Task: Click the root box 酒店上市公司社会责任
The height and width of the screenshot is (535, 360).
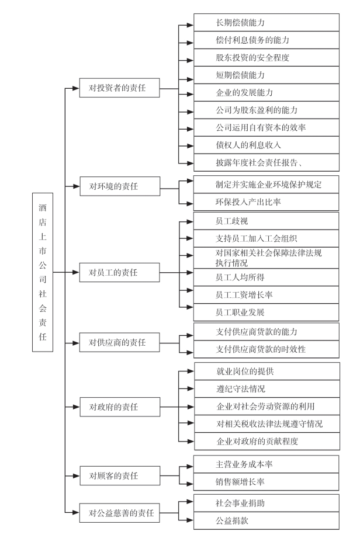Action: click(x=43, y=272)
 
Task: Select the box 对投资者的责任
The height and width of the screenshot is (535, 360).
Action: click(x=120, y=88)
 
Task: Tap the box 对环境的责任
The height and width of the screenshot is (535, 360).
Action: click(x=120, y=186)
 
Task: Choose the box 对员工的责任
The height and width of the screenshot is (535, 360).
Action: click(x=120, y=272)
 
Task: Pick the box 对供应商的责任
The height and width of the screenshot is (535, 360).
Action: click(x=120, y=342)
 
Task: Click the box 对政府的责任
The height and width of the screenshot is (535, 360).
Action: click(x=120, y=407)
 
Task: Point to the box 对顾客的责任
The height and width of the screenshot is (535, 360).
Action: click(x=120, y=475)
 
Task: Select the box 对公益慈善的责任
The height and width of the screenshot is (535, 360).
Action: click(x=120, y=513)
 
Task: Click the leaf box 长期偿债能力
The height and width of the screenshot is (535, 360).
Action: click(x=266, y=23)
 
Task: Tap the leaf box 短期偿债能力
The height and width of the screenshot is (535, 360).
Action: click(x=266, y=75)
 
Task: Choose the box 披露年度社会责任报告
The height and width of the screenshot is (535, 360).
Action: click(x=266, y=162)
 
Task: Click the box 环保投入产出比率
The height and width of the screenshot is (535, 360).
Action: click(x=266, y=202)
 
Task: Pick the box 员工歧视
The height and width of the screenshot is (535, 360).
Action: click(x=266, y=221)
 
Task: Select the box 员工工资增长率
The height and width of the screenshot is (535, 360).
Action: click(x=266, y=295)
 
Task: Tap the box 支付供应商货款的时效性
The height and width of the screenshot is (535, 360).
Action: click(x=266, y=349)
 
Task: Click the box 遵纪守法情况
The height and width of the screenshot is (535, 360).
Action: click(x=267, y=388)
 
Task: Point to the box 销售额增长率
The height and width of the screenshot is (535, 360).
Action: click(x=266, y=482)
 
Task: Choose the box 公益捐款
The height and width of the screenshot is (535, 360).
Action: click(x=266, y=520)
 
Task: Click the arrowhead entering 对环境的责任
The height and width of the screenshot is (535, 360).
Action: click(x=77, y=186)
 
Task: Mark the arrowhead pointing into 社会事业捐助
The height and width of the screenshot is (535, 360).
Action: click(x=191, y=502)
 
